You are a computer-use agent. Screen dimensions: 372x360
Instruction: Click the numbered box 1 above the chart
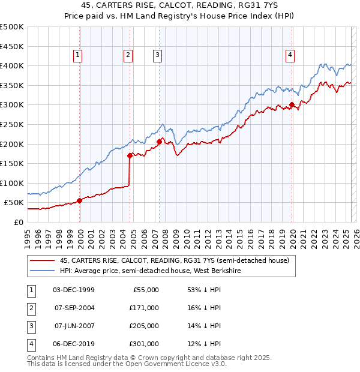point(78,55)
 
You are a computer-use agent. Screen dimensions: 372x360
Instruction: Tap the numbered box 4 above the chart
point(290,55)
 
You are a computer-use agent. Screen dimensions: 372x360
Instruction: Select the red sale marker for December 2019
point(292,104)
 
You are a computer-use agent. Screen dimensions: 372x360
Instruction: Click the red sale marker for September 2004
point(130,155)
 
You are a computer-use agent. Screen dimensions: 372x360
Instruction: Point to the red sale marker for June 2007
point(159,142)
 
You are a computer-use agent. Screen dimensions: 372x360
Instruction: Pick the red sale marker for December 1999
point(80,200)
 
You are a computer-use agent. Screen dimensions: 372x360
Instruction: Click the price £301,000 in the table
point(143,344)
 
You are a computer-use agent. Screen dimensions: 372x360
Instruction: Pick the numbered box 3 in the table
point(30,326)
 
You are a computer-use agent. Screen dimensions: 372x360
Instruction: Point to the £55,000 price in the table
point(146,290)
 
